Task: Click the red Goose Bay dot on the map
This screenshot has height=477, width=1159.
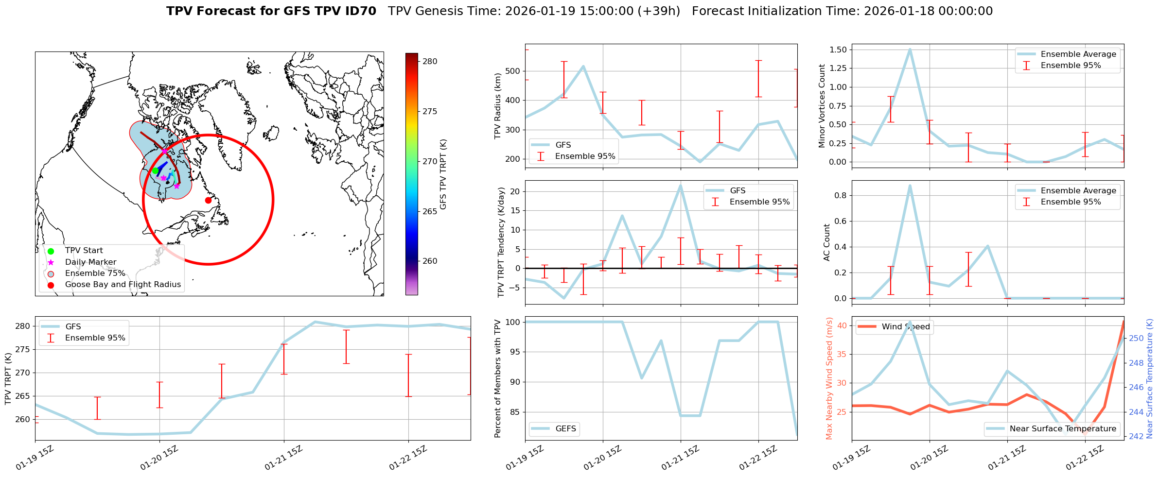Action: [x=208, y=200]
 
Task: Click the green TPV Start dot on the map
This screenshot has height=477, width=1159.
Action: [x=155, y=170]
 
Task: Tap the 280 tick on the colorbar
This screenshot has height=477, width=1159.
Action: [x=430, y=61]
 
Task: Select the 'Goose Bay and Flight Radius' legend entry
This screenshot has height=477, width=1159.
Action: [x=123, y=285]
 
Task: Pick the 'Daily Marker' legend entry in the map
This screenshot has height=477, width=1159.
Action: [x=90, y=262]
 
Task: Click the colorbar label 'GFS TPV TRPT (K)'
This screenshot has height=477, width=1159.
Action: [x=443, y=174]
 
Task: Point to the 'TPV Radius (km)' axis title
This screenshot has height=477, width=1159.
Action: [x=497, y=106]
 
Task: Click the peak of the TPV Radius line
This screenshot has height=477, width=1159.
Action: [x=583, y=66]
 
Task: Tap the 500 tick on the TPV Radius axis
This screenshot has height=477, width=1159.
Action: [x=514, y=71]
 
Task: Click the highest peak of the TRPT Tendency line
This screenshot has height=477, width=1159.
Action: [x=680, y=185]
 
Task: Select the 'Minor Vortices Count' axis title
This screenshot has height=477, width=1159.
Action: [x=822, y=106]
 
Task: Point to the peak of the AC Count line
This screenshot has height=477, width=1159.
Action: [x=910, y=185]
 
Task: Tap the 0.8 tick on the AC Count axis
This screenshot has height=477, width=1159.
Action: [x=840, y=195]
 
